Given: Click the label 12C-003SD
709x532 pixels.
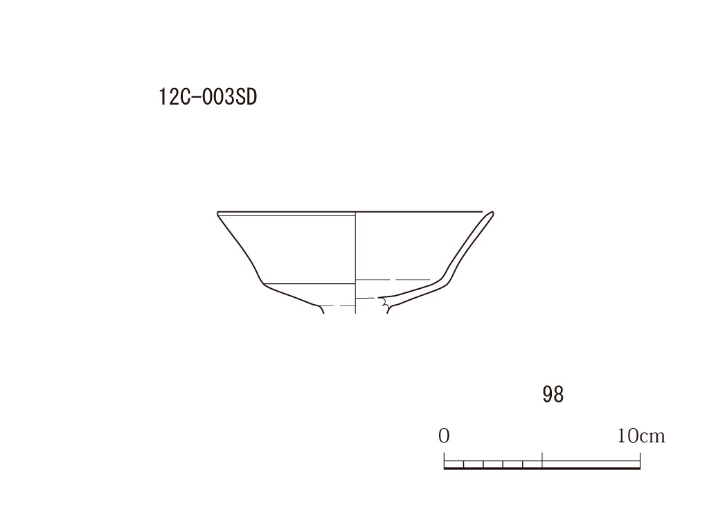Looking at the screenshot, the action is (x=208, y=97).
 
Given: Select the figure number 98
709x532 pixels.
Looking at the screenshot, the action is (x=553, y=394).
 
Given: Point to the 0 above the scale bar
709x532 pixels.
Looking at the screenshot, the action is (x=444, y=436).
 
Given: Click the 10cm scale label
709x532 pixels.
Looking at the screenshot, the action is (x=641, y=436).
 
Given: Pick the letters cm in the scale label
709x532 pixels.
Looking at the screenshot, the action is (x=652, y=437).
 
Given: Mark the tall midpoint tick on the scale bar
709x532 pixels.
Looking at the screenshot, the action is (x=542, y=459).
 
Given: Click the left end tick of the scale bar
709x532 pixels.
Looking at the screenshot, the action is (x=444, y=460).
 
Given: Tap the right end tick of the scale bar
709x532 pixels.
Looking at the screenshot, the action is (x=640, y=460).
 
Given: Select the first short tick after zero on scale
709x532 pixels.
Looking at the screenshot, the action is (x=463, y=464).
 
